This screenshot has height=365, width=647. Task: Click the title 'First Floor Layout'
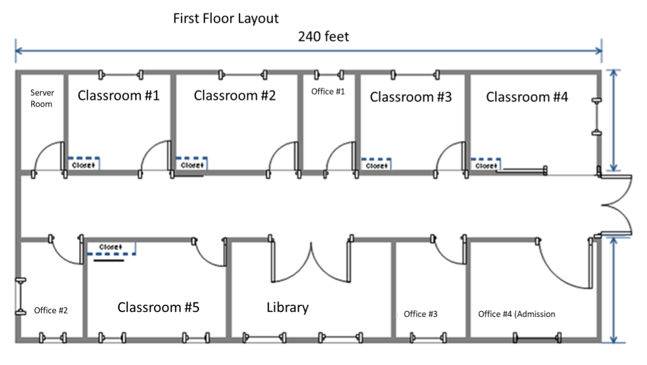(226, 19)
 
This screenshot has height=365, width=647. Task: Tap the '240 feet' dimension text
(323, 36)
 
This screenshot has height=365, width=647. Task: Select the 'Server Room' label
(41, 98)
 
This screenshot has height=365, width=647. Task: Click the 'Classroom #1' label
(118, 95)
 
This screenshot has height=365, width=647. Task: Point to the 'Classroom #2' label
(234, 95)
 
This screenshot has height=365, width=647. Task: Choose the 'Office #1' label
(328, 91)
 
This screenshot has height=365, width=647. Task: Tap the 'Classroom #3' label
(411, 97)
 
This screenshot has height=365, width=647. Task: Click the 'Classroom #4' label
(527, 97)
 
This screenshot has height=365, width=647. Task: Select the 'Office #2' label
(51, 310)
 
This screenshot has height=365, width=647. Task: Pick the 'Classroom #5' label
(158, 307)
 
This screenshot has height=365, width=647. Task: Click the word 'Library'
(287, 307)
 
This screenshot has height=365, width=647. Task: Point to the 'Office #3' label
(420, 314)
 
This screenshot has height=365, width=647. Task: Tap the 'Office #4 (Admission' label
(516, 314)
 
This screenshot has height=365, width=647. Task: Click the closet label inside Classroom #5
(111, 247)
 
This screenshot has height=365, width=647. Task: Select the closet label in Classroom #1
(83, 165)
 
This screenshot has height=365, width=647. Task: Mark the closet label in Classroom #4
(486, 166)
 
